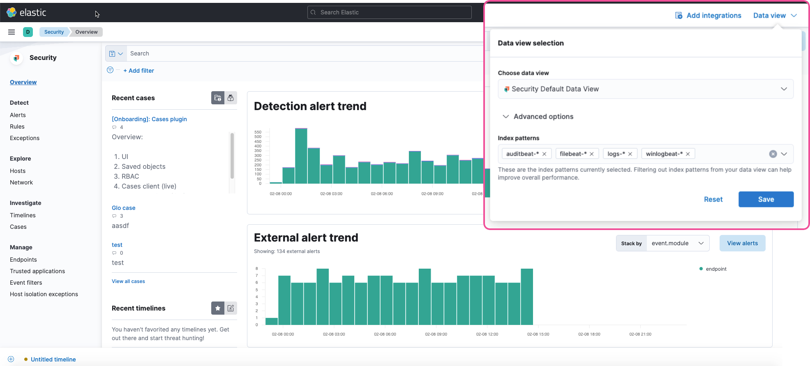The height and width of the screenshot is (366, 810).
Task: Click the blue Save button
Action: pos(766,199)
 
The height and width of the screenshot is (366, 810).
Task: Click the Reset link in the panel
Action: pos(713,199)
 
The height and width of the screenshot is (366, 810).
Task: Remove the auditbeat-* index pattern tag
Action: pos(544,154)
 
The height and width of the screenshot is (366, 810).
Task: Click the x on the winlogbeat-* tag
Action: pos(688,154)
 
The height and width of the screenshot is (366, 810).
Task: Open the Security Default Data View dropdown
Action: pos(645,89)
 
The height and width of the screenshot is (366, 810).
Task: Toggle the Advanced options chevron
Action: pos(506,117)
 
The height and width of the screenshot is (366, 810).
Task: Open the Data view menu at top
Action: pos(775,16)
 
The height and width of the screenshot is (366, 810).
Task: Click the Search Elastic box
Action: pos(389,12)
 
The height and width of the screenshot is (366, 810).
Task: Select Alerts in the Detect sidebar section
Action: pos(18,115)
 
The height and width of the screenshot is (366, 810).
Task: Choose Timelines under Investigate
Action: pos(23,215)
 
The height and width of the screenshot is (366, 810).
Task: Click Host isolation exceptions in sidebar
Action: pos(44,294)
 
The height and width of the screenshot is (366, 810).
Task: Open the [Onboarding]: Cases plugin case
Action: pos(149,119)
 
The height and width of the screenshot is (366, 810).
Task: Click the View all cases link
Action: pos(128,281)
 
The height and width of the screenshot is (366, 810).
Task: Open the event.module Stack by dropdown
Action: pos(677,243)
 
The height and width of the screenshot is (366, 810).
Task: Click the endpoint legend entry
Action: pos(715,269)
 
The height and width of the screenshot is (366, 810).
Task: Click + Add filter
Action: pos(138,71)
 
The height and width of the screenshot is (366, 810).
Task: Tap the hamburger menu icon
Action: pos(12,32)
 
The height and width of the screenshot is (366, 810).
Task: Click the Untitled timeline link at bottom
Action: pos(53,359)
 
